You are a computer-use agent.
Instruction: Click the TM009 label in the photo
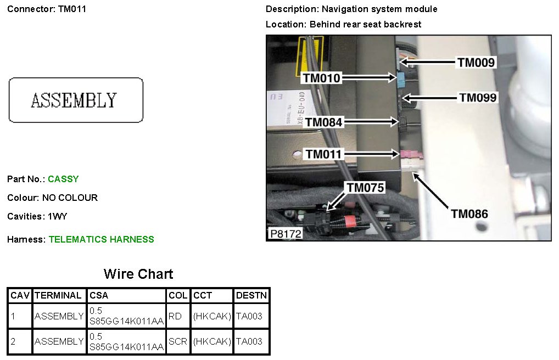tap(476, 63)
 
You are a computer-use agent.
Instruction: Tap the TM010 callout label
tap(321, 78)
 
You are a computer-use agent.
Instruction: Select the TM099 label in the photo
tap(478, 98)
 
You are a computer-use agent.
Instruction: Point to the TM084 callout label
tap(324, 122)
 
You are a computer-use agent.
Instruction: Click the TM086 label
tap(469, 213)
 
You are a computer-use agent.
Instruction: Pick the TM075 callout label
tap(365, 188)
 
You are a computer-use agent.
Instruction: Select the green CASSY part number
tap(63, 179)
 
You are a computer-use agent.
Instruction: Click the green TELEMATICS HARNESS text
tap(102, 239)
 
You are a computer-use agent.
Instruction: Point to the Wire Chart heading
tap(138, 274)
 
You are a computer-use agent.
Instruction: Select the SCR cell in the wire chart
tap(178, 341)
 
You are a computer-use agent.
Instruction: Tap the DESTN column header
tap(251, 295)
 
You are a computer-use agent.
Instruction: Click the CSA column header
tap(99, 295)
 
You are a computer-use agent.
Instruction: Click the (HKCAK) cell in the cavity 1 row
tap(212, 316)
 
